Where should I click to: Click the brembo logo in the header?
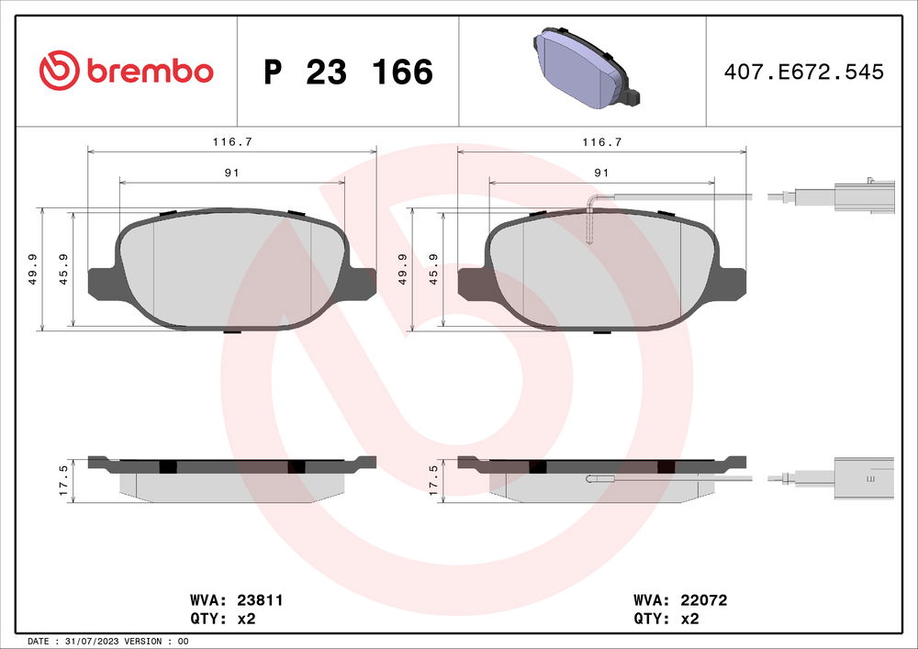126,71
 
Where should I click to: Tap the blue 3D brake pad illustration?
582,71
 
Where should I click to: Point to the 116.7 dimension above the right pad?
601,142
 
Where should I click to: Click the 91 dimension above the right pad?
601,173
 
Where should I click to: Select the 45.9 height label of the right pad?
433,268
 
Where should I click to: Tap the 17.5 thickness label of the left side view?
62,480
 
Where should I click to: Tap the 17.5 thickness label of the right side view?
433,480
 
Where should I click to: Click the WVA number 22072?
705,599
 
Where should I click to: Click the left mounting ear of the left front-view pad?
101,283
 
